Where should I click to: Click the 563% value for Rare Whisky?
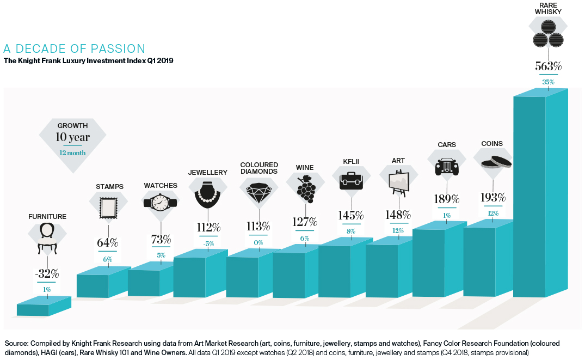[548, 67]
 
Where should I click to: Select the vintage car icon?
[447, 167]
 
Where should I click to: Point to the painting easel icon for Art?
[398, 183]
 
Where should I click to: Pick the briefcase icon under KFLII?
[351, 182]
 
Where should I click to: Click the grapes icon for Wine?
[306, 188]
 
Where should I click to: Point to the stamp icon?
[107, 207]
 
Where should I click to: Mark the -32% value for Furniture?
[47, 274]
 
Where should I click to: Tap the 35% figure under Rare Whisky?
[548, 82]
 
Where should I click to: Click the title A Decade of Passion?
[75, 48]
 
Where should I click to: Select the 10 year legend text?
[72, 137]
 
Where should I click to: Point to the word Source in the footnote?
[17, 344]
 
